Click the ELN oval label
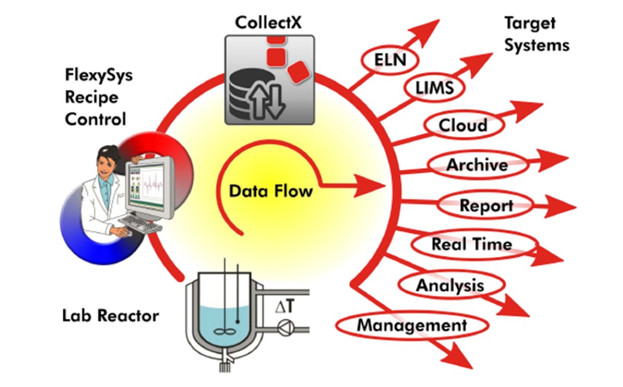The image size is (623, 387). [389, 61]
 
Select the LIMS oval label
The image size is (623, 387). [434, 88]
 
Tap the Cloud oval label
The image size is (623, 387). [463, 125]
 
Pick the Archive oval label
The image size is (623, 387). [477, 165]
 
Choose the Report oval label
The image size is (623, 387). [486, 205]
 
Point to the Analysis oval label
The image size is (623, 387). [450, 285]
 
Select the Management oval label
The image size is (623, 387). [412, 325]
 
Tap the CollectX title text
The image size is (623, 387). [268, 22]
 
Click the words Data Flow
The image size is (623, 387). [271, 191]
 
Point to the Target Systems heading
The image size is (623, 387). [536, 34]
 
